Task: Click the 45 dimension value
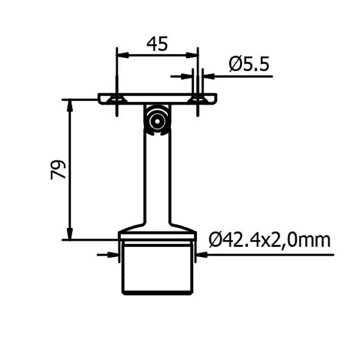(157, 44)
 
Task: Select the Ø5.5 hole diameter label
(249, 64)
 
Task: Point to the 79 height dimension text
(58, 170)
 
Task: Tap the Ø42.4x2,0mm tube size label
(269, 240)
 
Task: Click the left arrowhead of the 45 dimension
(122, 56)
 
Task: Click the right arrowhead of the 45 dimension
(192, 56)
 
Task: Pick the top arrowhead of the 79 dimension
(70, 105)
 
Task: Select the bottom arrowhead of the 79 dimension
(70, 234)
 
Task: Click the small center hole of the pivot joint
(157, 121)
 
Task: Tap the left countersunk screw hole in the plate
(117, 100)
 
